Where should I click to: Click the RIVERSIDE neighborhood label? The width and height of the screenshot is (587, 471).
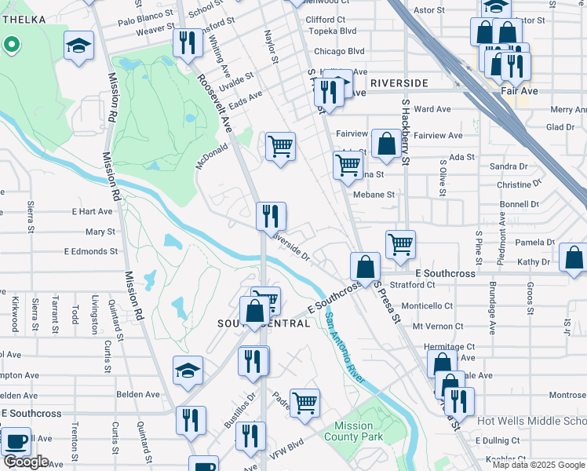point(399,82)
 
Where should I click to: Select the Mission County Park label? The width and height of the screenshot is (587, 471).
point(352,431)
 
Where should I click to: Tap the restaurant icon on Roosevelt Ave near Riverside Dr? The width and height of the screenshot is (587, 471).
point(271,216)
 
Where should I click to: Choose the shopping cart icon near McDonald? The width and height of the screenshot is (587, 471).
point(280,146)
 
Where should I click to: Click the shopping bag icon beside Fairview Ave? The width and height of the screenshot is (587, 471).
point(386,144)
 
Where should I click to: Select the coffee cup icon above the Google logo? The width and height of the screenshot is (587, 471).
point(16,442)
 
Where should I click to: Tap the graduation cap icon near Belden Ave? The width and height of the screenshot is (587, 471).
point(188,371)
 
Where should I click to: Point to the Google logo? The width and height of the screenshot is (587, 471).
point(26,462)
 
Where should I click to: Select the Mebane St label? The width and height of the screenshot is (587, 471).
point(373,194)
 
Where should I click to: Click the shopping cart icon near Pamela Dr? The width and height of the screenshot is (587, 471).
point(400,244)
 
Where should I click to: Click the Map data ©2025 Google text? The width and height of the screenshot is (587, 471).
point(538,465)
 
